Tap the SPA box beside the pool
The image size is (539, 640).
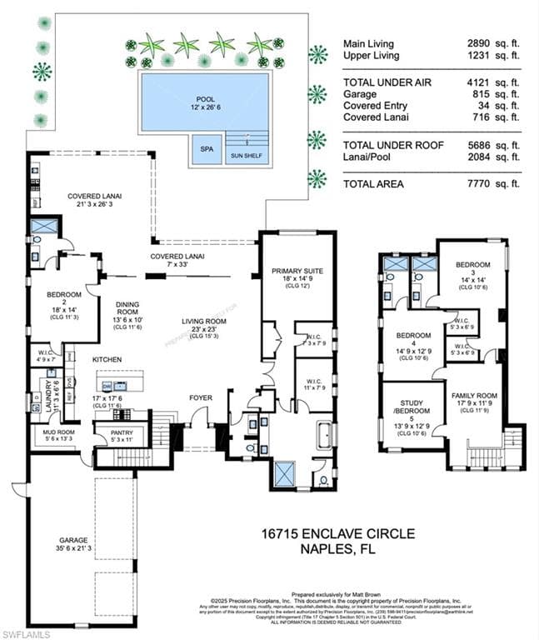tap(204, 149)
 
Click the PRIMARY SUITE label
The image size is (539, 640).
tap(297, 271)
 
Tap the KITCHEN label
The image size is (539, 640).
tap(107, 358)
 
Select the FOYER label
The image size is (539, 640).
tap(200, 397)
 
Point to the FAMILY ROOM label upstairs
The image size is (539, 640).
tap(474, 395)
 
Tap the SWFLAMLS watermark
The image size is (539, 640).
tap(26, 633)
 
